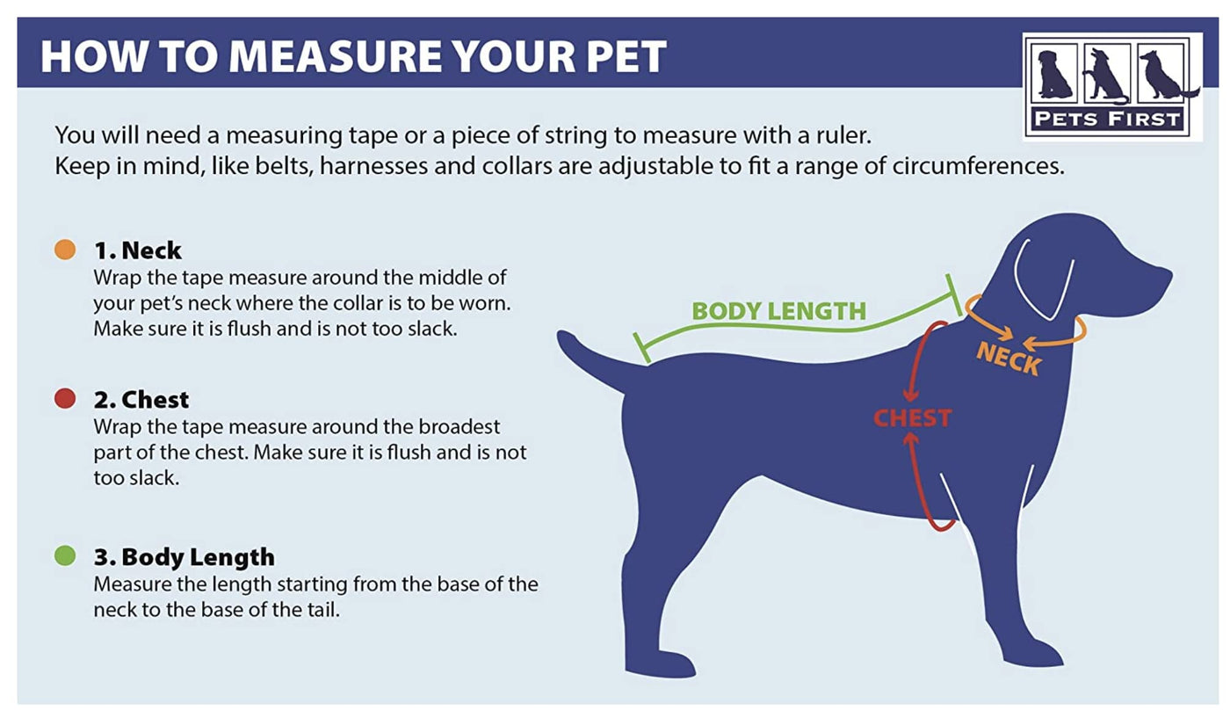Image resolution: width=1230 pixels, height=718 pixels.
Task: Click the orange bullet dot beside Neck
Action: pyautogui.click(x=65, y=250)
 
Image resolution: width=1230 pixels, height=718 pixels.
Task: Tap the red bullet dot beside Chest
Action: pyautogui.click(x=65, y=398)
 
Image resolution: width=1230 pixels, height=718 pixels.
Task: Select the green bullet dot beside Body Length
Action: pyautogui.click(x=65, y=555)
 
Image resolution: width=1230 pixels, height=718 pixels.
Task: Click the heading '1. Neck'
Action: pyautogui.click(x=137, y=250)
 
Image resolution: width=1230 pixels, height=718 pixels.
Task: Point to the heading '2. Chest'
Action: pyautogui.click(x=141, y=399)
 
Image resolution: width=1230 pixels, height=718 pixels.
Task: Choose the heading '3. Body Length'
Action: pyautogui.click(x=184, y=557)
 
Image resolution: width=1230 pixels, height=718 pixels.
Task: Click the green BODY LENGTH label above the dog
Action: pyautogui.click(x=778, y=311)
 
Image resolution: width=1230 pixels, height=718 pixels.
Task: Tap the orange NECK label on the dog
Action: pyautogui.click(x=1009, y=359)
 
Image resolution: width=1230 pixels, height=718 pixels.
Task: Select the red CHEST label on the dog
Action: pyautogui.click(x=913, y=418)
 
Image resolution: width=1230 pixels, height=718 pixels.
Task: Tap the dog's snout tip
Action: pyautogui.click(x=1168, y=276)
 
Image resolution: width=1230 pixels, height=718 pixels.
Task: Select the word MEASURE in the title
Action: pyautogui.click(x=335, y=56)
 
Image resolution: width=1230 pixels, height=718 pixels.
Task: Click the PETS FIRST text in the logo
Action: pyautogui.click(x=1107, y=120)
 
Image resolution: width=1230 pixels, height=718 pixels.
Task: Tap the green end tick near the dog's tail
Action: pyautogui.click(x=642, y=348)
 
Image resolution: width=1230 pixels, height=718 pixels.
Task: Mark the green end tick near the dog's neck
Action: pyautogui.click(x=954, y=295)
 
